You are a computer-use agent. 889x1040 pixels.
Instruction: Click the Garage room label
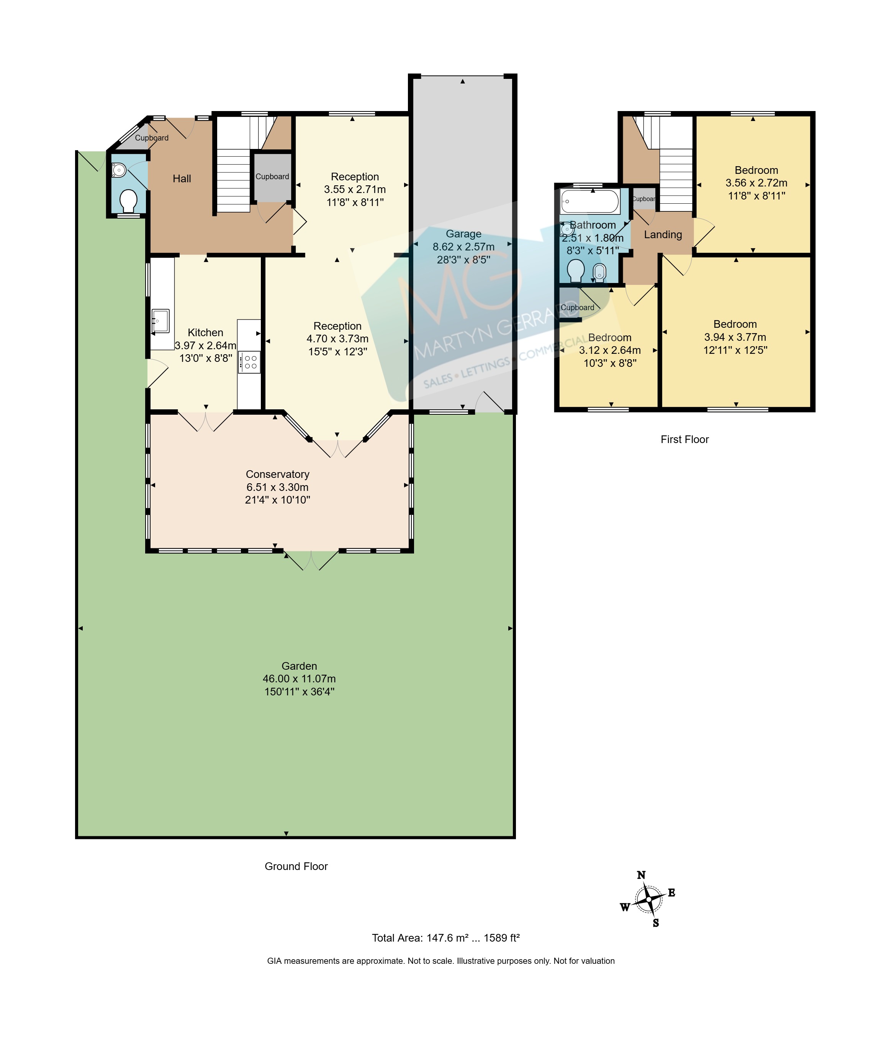click(463, 234)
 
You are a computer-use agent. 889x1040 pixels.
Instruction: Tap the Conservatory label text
click(278, 474)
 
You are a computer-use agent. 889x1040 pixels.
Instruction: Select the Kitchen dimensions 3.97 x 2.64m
click(206, 346)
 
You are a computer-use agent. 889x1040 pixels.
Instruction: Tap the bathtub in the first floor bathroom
click(590, 201)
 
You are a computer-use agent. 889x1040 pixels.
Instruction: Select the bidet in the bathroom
click(599, 272)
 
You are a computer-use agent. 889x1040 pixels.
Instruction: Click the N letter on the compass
click(641, 875)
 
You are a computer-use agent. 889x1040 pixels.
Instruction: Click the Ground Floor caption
click(296, 866)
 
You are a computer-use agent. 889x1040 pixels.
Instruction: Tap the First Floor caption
click(685, 440)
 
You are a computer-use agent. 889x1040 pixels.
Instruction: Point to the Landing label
click(663, 235)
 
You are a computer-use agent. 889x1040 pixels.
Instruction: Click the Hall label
click(182, 179)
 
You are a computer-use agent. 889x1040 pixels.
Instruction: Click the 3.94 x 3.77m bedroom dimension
click(735, 337)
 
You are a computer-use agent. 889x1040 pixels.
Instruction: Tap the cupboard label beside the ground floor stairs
click(272, 177)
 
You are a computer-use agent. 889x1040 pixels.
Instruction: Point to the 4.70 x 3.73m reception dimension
click(338, 339)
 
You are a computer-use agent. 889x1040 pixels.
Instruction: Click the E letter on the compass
click(672, 893)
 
